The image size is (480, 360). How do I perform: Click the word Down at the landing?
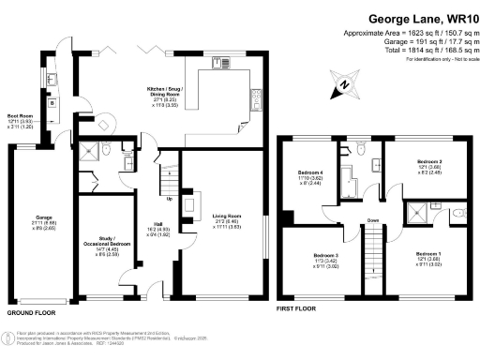point(373,221)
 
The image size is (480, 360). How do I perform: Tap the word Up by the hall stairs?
point(169,199)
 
